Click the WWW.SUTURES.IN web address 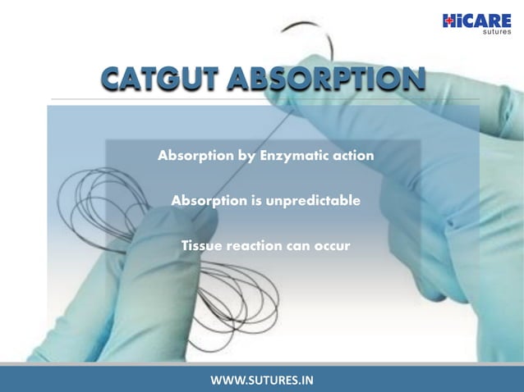[x=262, y=380]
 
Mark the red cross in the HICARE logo [x=448, y=21]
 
